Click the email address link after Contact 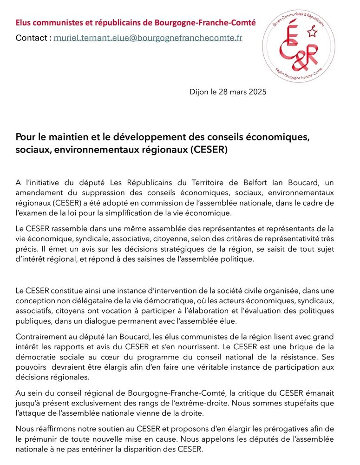point(148,38)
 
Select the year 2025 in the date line point(256,92)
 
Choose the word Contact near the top point(31,38)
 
